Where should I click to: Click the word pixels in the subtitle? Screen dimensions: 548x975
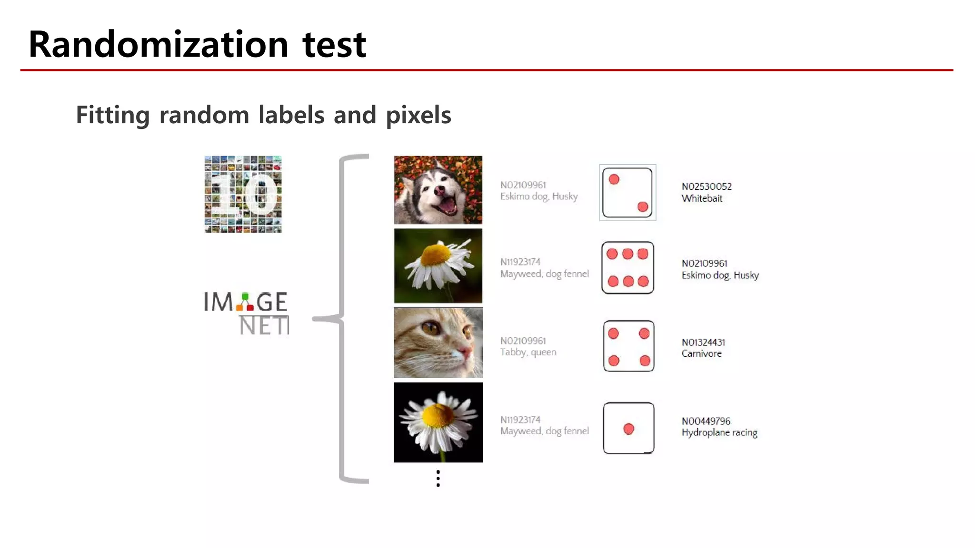click(418, 115)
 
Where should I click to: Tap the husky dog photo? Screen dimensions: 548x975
click(438, 189)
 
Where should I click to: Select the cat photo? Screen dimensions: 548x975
click(438, 342)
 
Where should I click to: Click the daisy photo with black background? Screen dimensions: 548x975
click(438, 422)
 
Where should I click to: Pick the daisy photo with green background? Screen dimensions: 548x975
click(438, 265)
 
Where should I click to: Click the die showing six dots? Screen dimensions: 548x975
click(627, 267)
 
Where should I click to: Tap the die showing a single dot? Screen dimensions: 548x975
click(628, 428)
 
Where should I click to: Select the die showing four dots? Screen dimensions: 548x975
click(628, 346)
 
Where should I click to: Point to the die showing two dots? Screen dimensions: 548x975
click(627, 193)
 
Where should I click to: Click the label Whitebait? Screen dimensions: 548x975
click(702, 198)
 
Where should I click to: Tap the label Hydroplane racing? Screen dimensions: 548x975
click(719, 432)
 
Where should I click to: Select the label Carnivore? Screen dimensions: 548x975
click(701, 353)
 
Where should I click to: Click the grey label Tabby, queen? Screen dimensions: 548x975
click(528, 352)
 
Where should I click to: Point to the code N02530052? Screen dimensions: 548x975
click(706, 186)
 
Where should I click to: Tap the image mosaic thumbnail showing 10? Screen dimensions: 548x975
click(243, 194)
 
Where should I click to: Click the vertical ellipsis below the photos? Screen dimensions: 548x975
click(438, 478)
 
